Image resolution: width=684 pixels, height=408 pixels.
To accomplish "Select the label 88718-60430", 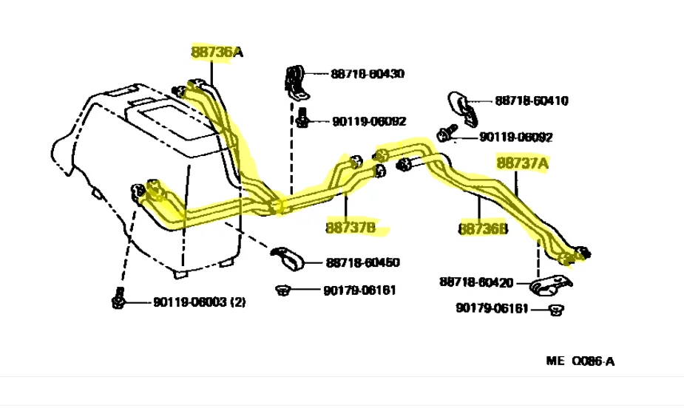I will tap(368, 74).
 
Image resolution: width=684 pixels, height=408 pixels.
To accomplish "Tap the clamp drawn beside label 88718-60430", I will tap(296, 81).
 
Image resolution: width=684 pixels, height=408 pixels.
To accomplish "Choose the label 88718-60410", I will tap(532, 101).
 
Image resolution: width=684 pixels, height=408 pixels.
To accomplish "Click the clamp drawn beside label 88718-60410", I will tap(464, 104).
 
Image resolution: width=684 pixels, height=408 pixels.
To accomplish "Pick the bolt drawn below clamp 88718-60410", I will tap(445, 135).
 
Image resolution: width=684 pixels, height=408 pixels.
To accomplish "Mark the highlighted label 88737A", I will tap(522, 163).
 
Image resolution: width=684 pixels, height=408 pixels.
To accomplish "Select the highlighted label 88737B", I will tap(351, 227).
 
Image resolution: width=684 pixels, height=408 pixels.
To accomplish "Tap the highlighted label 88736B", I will tap(484, 230).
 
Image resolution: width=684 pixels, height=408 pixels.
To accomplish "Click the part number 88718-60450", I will tap(362, 262).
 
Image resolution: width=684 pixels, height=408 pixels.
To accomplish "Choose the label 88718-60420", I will tap(476, 282).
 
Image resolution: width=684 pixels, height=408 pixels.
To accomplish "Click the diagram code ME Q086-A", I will tap(580, 361).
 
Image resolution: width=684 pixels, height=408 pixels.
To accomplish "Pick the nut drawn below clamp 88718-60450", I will tap(282, 288).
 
